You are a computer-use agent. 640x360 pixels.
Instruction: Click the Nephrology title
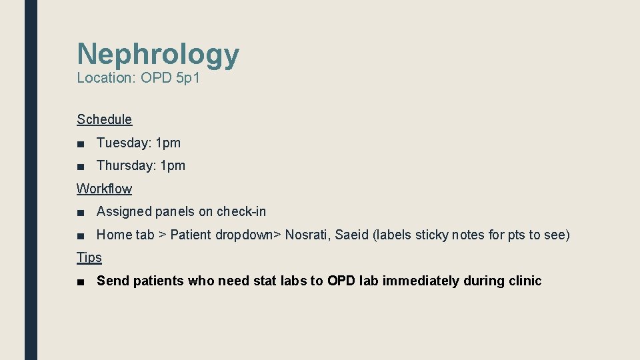pos(158,54)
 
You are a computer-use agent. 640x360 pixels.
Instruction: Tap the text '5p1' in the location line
pos(189,78)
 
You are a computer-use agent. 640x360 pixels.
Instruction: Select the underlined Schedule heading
pos(104,119)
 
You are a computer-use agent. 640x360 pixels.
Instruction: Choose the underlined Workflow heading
pos(104,189)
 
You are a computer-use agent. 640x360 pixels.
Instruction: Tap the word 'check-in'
pos(241,211)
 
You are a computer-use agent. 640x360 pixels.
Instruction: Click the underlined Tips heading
pos(89,257)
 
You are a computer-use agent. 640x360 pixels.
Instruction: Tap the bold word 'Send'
pos(112,281)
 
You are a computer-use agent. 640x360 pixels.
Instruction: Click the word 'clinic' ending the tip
pos(525,281)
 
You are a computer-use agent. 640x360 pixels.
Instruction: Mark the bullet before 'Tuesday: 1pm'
pos(81,143)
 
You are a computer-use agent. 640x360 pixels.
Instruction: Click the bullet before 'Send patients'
pos(81,281)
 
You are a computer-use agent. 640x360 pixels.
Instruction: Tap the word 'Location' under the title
pos(105,78)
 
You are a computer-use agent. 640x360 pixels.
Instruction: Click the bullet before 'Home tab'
pos(81,235)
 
